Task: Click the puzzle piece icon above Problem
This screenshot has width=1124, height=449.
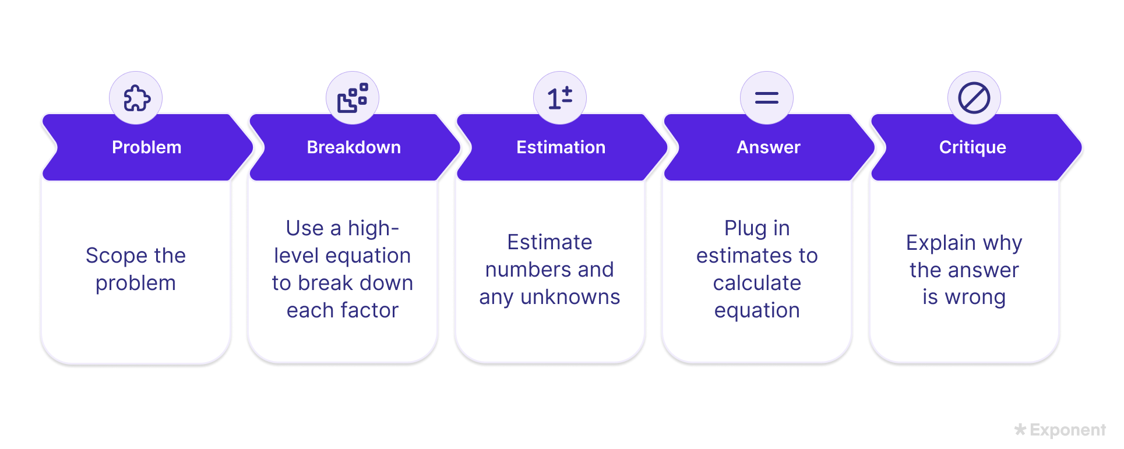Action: (137, 98)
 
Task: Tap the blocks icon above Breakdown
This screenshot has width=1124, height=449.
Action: (353, 98)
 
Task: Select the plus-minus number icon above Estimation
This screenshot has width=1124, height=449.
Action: (560, 98)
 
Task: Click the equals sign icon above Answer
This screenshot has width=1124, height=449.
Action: (767, 98)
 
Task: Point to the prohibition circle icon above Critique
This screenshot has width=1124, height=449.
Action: (974, 98)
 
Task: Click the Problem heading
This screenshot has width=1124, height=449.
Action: (146, 147)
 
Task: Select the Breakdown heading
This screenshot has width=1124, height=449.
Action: (354, 147)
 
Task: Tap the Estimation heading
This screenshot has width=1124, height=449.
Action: (561, 147)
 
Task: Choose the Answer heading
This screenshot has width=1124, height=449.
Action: (769, 147)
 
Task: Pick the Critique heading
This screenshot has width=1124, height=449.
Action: (973, 148)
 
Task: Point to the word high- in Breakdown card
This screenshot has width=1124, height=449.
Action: (374, 229)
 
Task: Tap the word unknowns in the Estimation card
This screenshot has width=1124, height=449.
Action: (570, 297)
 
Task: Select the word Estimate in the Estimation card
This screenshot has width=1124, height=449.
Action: (549, 242)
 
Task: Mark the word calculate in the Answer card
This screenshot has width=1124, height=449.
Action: (757, 283)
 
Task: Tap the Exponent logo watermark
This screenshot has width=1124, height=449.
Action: (1060, 430)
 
